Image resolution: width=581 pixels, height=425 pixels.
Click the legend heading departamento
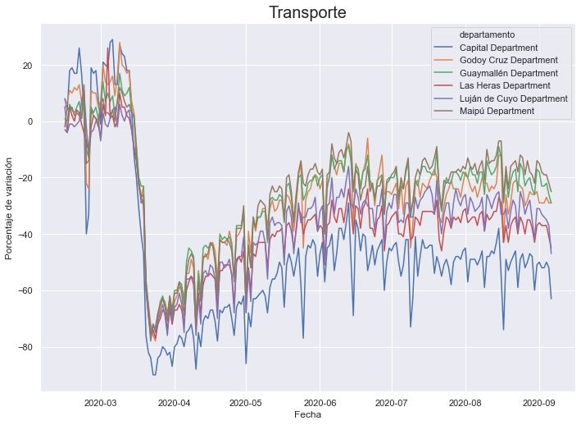[x=487, y=35]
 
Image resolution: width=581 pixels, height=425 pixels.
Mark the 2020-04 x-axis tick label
[x=174, y=403]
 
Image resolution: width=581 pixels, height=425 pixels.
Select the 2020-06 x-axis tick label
[x=320, y=403]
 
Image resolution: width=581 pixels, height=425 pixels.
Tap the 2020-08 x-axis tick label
[x=465, y=403]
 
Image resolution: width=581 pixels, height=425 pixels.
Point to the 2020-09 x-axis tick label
[x=538, y=403]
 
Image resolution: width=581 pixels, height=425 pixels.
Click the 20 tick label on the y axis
[x=26, y=66]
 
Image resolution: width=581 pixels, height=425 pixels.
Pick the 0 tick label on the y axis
[x=29, y=121]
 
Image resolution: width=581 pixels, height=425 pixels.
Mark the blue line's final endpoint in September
[x=551, y=299]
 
